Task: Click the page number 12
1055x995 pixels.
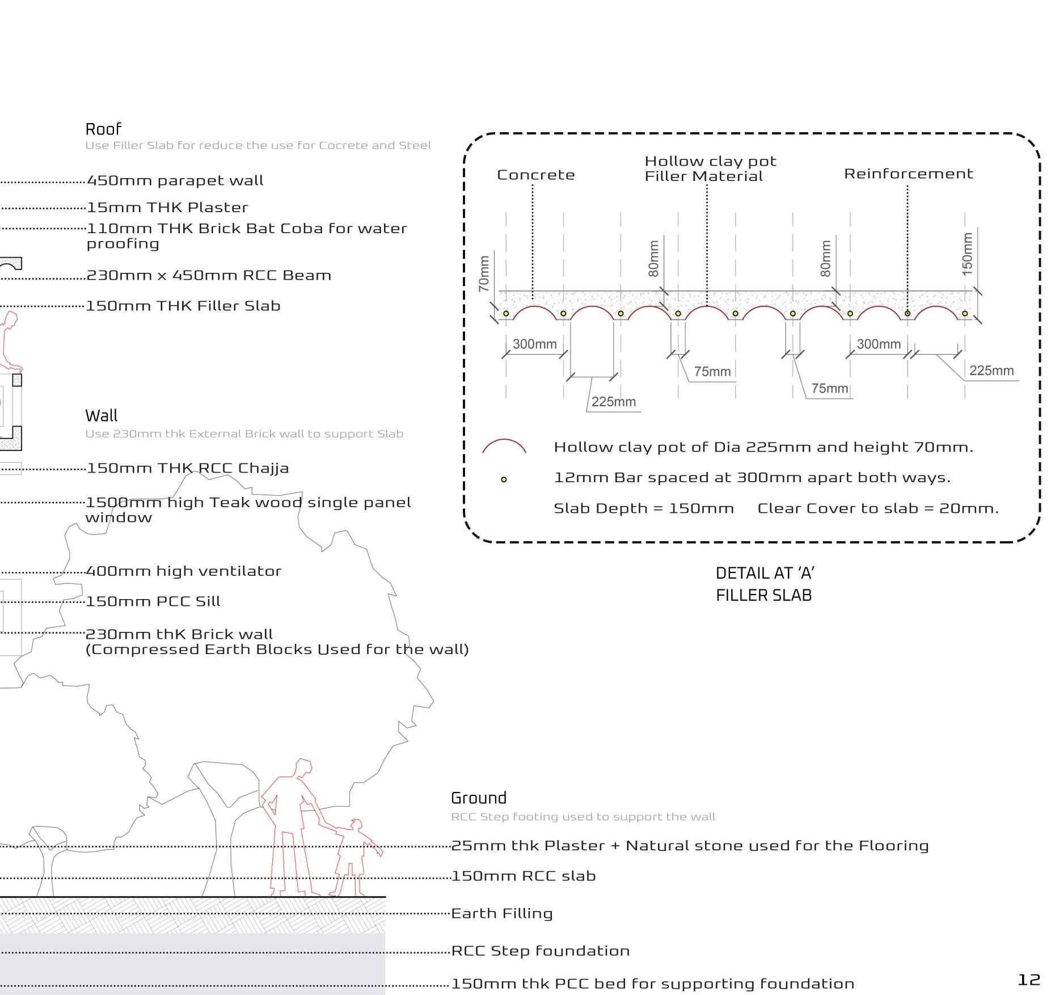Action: (1029, 980)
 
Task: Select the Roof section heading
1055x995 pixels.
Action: (103, 129)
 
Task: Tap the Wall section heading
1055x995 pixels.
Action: (102, 416)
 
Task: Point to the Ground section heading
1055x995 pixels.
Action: (479, 798)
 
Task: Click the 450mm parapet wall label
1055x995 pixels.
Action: (175, 181)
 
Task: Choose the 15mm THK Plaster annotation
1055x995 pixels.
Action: (167, 208)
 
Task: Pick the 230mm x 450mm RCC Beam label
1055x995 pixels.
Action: (209, 276)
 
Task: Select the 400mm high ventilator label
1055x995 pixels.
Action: (184, 571)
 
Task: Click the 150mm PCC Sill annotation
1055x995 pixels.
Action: (153, 601)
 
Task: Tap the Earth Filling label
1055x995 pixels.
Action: (502, 913)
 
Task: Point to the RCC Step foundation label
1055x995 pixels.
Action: (541, 951)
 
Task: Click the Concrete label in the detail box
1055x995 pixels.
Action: (536, 175)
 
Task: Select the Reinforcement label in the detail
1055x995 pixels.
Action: (908, 174)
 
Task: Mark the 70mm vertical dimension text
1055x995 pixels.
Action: (484, 274)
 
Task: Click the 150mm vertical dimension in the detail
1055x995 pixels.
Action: (968, 254)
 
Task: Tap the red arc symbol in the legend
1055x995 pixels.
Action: (504, 447)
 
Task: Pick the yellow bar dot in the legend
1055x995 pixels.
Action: (504, 479)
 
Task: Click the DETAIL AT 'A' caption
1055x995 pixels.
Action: (765, 573)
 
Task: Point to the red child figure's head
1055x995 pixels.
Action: (356, 824)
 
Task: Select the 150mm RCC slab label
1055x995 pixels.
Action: (524, 876)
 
